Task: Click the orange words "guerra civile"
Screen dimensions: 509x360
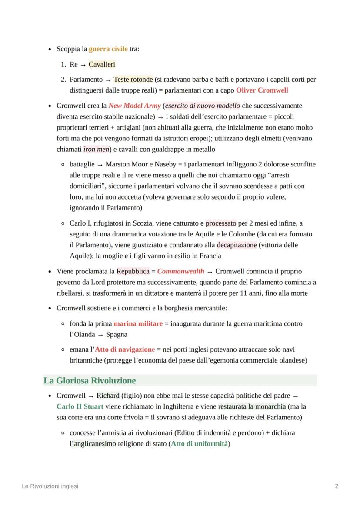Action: click(x=108, y=49)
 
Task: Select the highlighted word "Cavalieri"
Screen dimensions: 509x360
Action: click(x=102, y=64)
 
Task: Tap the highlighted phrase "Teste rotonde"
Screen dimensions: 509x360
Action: click(x=133, y=80)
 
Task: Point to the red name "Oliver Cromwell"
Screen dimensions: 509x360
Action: click(x=262, y=90)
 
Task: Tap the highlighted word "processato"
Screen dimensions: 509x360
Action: click(x=221, y=223)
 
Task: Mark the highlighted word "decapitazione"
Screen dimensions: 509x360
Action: click(x=237, y=245)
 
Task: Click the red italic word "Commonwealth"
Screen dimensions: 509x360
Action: click(x=180, y=271)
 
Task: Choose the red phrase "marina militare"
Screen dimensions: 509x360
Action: click(x=138, y=323)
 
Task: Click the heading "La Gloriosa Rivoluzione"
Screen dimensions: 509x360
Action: click(x=90, y=381)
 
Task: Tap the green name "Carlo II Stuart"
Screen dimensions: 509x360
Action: click(x=80, y=407)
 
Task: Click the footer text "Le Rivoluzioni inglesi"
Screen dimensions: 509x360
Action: click(x=50, y=486)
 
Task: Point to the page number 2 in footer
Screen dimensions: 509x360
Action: click(x=337, y=486)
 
